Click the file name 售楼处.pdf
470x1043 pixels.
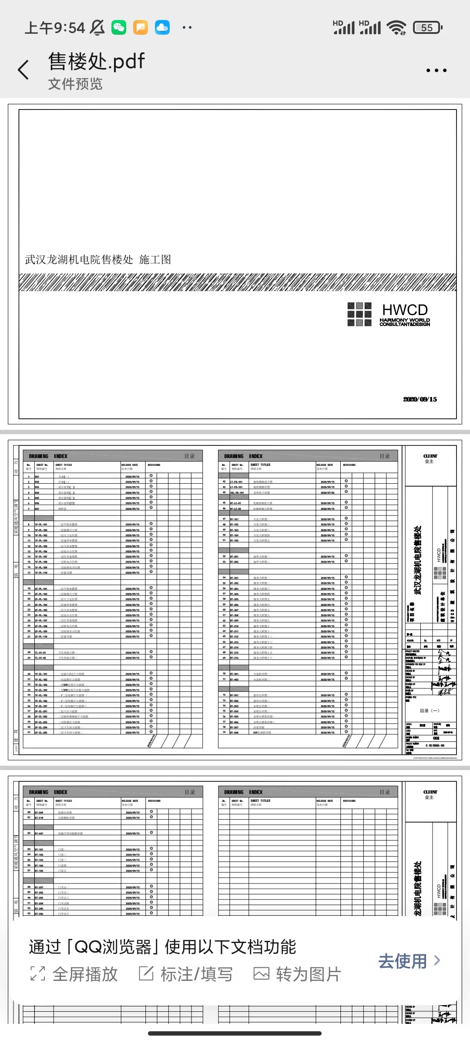coord(96,61)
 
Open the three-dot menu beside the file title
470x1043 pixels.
coord(436,70)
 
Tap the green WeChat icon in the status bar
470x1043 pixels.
coord(119,28)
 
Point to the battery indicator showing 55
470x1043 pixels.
coord(427,28)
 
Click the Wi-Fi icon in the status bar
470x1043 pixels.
coord(397,28)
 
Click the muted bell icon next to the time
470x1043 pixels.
coord(97,28)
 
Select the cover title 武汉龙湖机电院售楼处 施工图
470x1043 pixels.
coord(98,259)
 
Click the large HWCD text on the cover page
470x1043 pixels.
coord(405,310)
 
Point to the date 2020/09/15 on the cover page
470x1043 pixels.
coord(420,399)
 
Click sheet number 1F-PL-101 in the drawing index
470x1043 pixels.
coord(41,525)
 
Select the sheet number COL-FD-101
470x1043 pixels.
coord(237,492)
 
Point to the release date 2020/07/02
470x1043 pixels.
coord(327,492)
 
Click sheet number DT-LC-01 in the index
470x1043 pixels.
coord(235,503)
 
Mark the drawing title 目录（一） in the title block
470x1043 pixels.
coord(430,711)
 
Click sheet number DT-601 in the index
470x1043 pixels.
coord(39,834)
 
